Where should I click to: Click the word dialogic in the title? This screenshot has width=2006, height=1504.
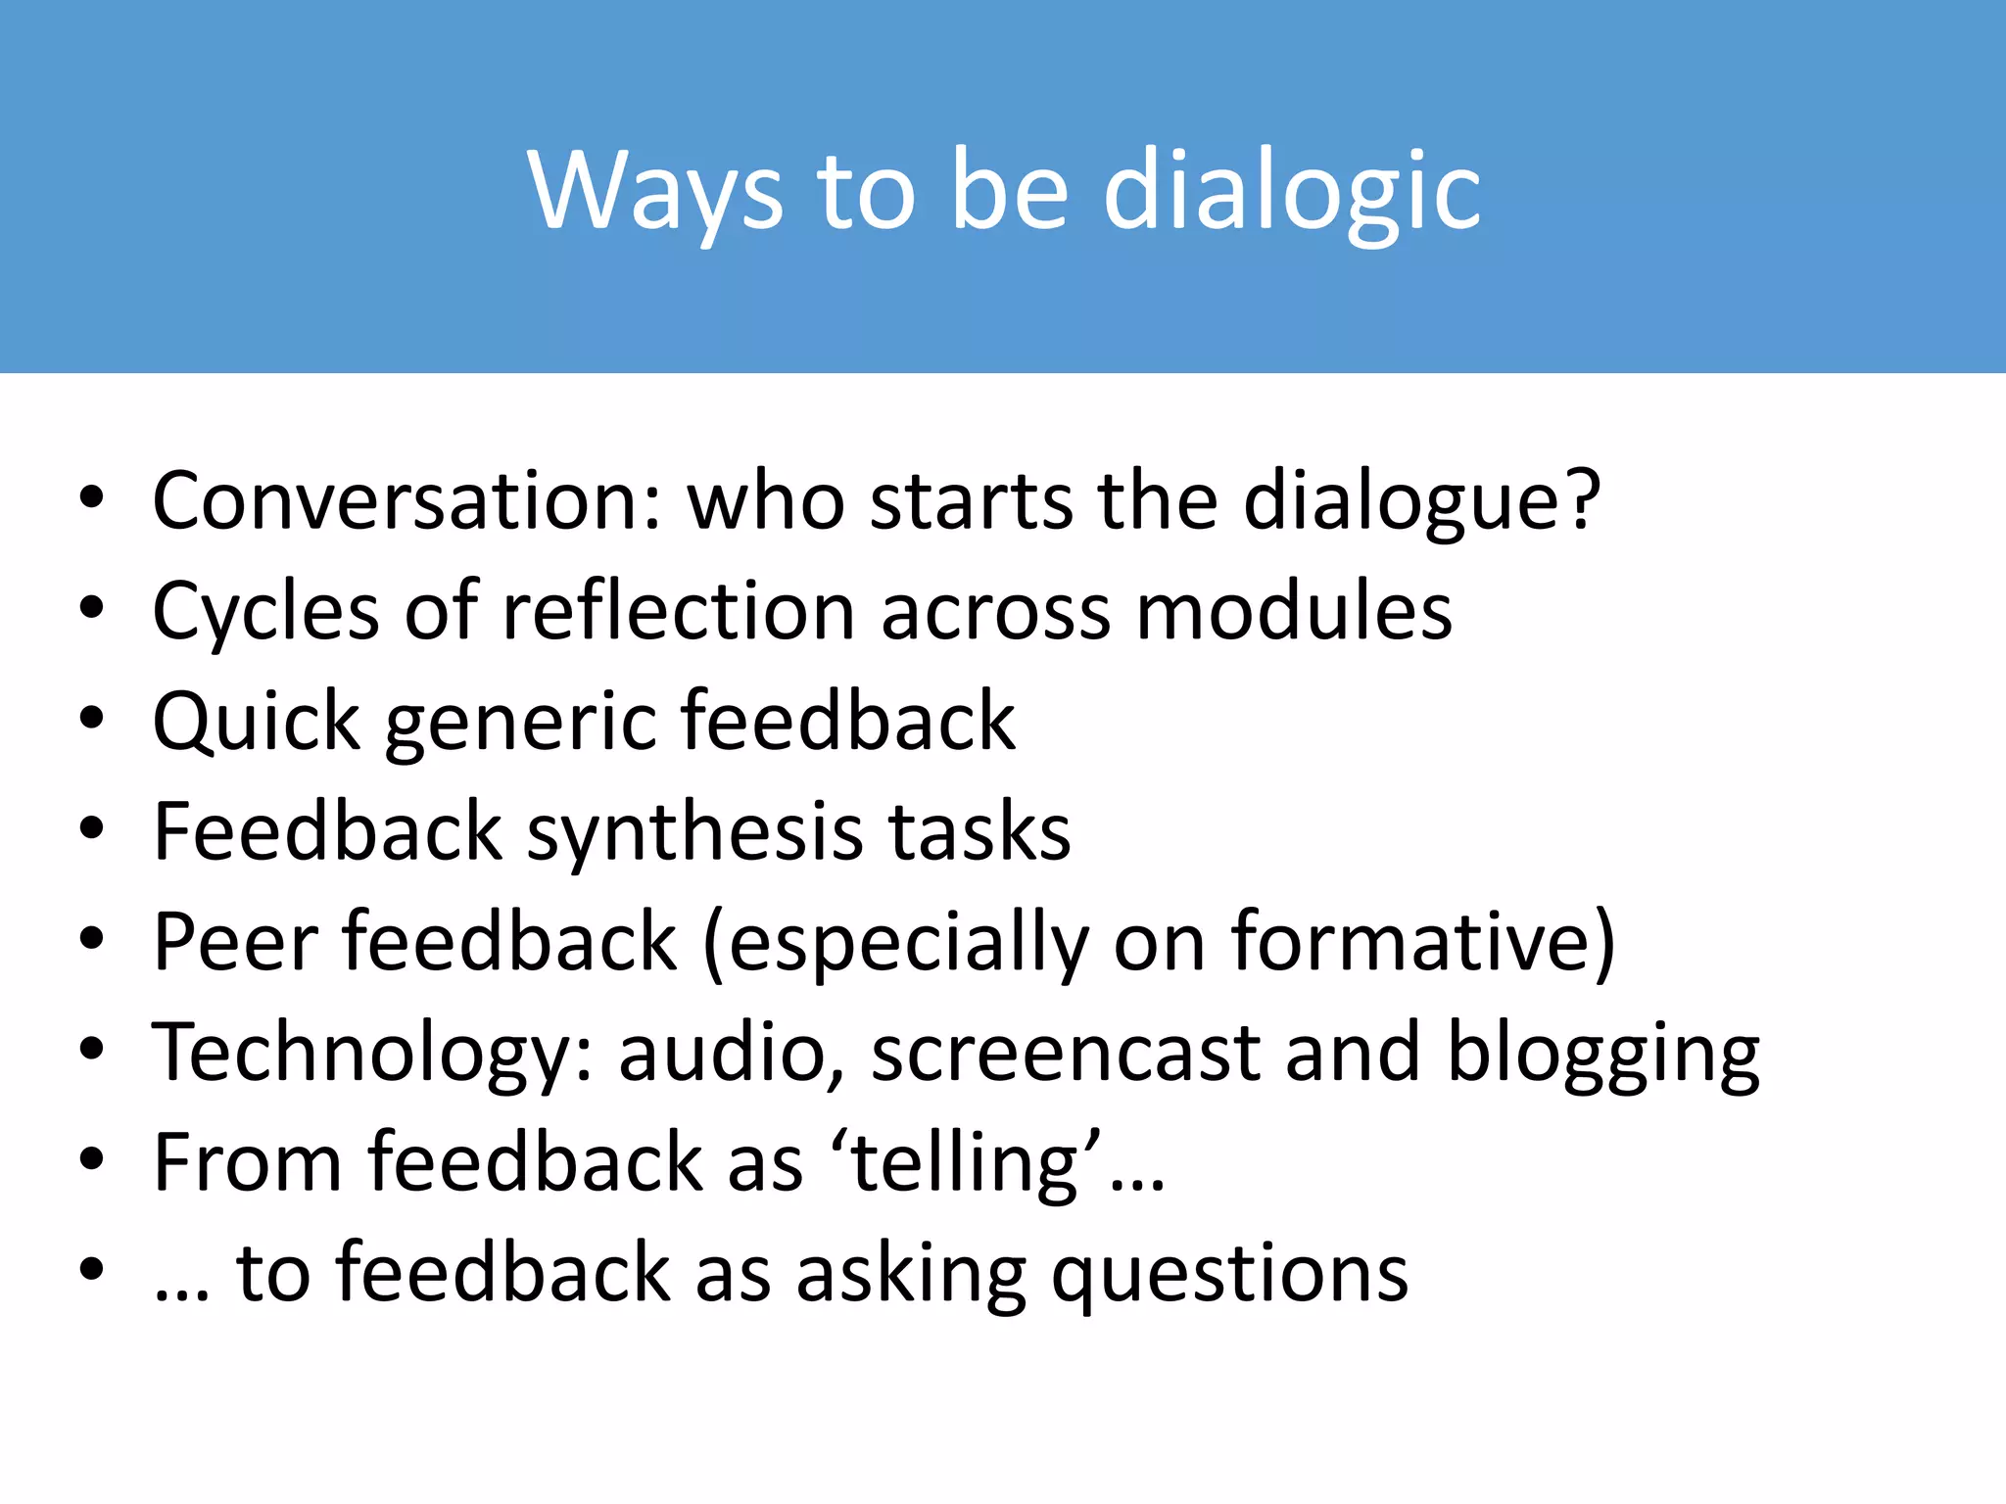(1292, 190)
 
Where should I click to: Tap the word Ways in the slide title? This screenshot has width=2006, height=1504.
(655, 190)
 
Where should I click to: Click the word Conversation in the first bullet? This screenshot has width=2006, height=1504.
(407, 501)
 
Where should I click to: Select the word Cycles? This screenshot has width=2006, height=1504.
(265, 612)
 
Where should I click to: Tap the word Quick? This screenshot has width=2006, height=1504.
(257, 723)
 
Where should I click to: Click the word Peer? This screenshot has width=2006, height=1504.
(236, 943)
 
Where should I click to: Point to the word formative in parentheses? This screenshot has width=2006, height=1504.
(1409, 943)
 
